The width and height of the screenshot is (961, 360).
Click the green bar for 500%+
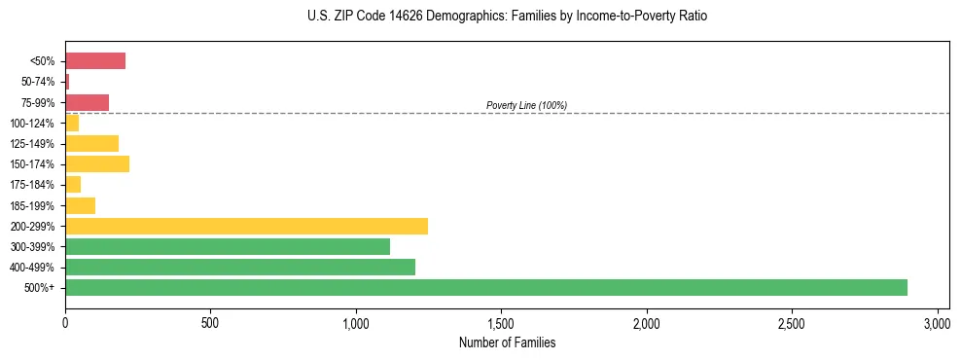point(486,287)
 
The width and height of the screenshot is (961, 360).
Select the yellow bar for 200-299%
point(246,226)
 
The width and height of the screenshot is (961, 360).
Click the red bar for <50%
point(95,61)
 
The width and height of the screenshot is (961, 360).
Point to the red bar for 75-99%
point(88,102)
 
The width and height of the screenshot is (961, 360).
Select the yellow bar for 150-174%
point(97,163)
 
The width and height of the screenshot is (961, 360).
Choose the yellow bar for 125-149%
point(92,143)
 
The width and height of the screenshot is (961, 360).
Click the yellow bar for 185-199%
point(81,205)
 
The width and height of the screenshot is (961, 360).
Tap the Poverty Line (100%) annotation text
point(526,105)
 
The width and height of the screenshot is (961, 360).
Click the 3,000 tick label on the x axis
point(937,322)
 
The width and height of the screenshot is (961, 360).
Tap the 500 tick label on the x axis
point(210,322)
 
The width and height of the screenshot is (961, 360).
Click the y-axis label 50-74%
point(38,82)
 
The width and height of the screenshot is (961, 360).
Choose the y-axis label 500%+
point(40,288)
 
